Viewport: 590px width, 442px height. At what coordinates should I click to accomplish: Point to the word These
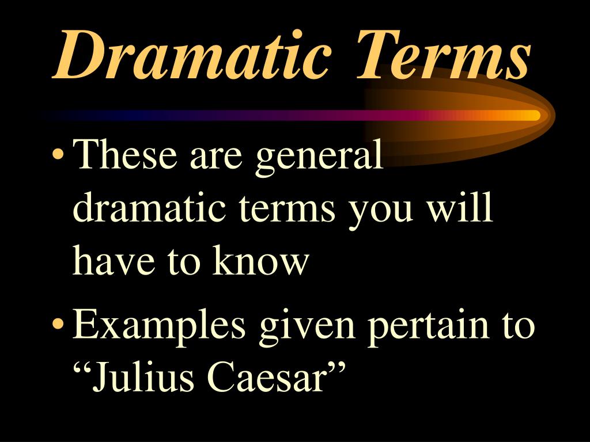[x=127, y=157]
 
